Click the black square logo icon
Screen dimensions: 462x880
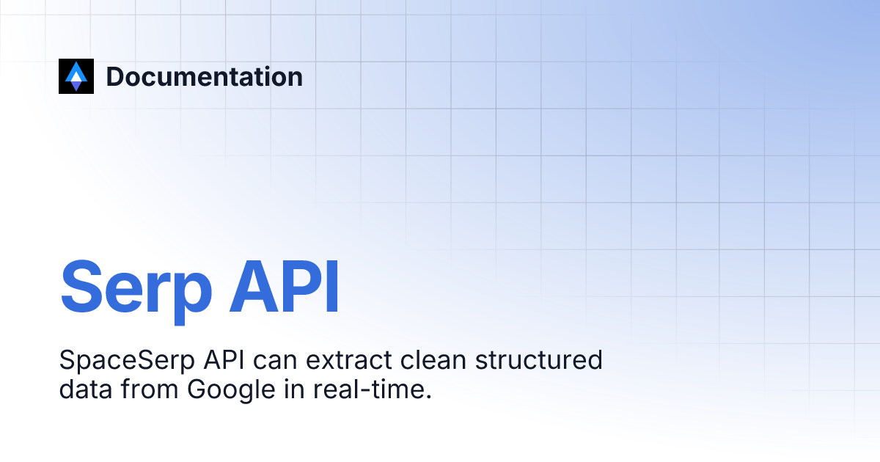[76, 76]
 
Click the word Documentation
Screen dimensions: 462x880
[205, 76]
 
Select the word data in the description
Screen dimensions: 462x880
[84, 389]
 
